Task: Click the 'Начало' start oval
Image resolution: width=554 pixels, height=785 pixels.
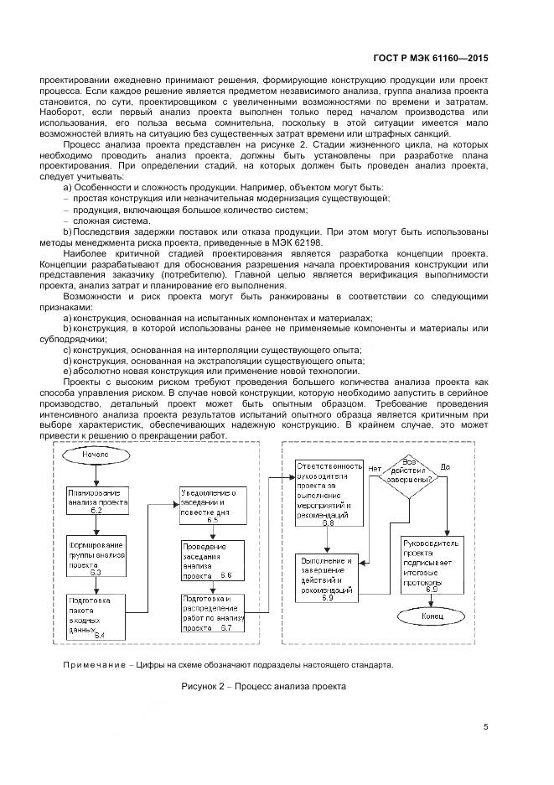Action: tap(96, 455)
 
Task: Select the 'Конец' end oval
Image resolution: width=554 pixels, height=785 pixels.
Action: tap(432, 616)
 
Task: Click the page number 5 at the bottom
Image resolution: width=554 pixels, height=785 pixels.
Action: tap(486, 727)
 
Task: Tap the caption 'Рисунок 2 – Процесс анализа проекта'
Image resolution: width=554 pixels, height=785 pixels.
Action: tap(263, 686)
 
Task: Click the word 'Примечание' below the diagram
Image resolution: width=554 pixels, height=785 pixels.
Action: tap(92, 665)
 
